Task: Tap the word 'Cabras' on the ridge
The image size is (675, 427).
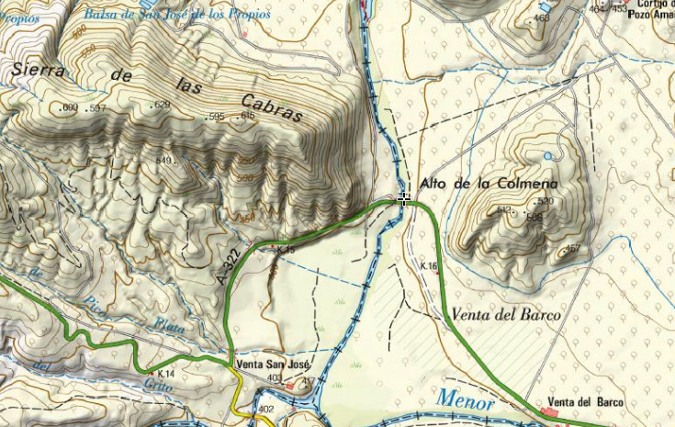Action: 272,107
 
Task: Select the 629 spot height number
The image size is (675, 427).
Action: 163,106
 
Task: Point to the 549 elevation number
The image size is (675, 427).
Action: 164,161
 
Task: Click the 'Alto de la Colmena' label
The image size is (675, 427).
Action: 488,184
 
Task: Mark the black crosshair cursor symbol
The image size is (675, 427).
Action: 404,197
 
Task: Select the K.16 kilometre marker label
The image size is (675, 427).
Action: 428,265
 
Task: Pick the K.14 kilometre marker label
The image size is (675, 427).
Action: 166,374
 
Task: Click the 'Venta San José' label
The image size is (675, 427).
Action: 273,364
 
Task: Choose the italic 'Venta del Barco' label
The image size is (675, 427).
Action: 505,315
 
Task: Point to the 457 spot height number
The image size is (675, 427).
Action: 572,249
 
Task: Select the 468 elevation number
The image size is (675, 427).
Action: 542,17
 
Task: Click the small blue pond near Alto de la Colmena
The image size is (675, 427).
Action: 548,157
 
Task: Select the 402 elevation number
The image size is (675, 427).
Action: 266,409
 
